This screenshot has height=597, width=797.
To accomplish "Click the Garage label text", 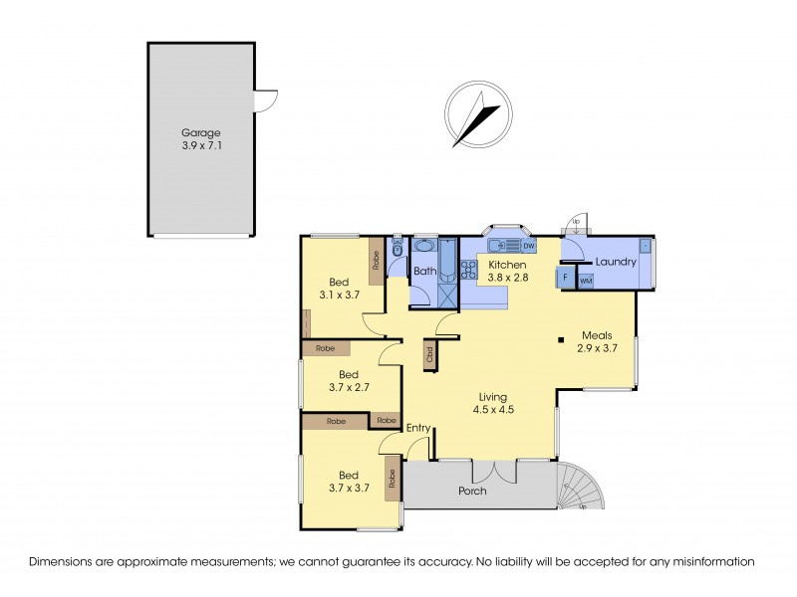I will click(x=200, y=132).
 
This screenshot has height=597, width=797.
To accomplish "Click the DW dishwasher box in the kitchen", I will click(x=528, y=246).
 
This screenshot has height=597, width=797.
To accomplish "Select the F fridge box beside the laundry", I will click(x=566, y=278).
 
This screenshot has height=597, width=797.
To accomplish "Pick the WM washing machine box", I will click(x=585, y=282).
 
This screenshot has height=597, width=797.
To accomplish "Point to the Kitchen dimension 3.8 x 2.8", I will click(x=507, y=278).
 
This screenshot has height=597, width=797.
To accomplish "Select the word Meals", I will click(x=597, y=335).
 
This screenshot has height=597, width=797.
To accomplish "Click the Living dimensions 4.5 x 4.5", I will click(x=493, y=408).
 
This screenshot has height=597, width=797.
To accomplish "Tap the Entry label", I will click(x=418, y=428).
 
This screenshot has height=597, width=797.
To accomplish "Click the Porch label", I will click(x=471, y=492).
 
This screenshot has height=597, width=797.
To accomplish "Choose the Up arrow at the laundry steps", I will click(x=574, y=221).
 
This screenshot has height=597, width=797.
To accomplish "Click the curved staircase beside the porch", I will click(x=583, y=488).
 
